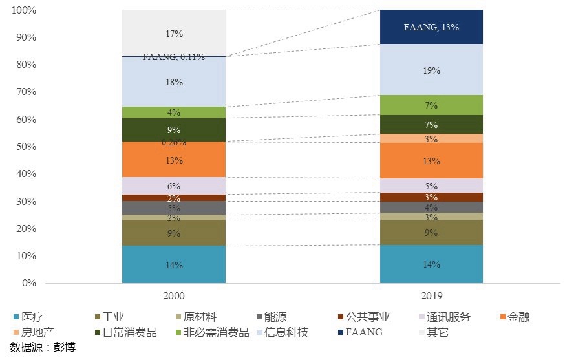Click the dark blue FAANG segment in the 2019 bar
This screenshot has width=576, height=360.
coord(431,27)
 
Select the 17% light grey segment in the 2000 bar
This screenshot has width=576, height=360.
coord(174,32)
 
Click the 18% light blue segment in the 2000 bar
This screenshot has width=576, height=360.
coord(174,82)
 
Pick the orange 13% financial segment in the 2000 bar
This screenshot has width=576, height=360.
coord(174,160)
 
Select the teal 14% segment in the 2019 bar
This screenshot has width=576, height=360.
coord(431,264)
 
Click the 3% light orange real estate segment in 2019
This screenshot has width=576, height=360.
coord(431,138)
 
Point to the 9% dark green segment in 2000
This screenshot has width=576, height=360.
coord(174,129)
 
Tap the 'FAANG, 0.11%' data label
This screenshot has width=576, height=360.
coord(174,57)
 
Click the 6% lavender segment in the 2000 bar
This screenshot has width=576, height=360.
coord(174,186)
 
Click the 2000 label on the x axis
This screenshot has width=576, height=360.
coord(174,296)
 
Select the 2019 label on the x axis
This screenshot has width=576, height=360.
coord(431,296)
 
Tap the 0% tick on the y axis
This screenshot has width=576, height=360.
coord(28,283)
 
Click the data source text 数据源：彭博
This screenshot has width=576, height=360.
coord(39,348)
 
